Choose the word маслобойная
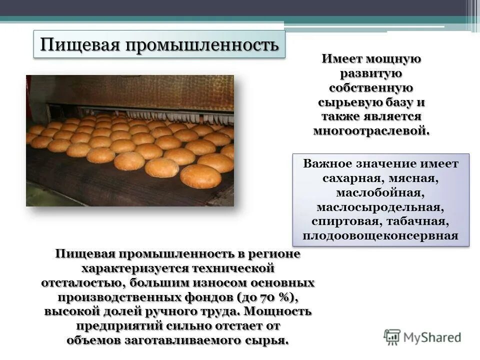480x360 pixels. click(x=381, y=192)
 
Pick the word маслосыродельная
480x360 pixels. click(x=381, y=207)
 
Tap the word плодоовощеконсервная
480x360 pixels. click(x=381, y=235)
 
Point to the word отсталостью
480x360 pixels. click(x=82, y=282)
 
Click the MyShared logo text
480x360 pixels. click(x=432, y=337)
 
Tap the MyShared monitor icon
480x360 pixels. click(x=392, y=336)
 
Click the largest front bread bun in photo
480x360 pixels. click(x=200, y=176)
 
